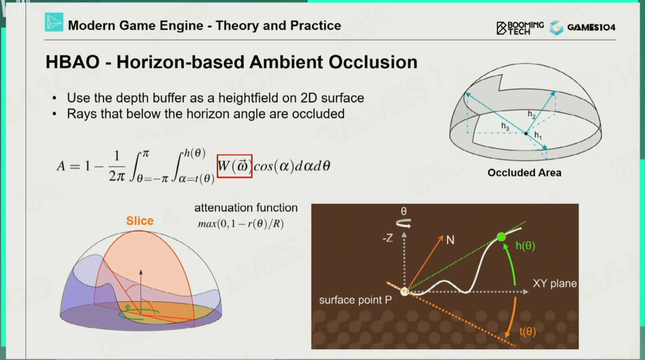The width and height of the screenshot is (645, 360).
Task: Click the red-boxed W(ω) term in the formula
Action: click(x=235, y=166)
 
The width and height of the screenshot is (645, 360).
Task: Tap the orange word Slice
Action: click(x=140, y=221)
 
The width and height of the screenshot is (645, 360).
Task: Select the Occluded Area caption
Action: click(x=524, y=173)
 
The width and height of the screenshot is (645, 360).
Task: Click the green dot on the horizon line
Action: click(x=501, y=237)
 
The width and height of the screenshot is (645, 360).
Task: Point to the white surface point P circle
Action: click(x=405, y=291)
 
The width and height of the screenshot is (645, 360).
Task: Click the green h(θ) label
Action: click(x=525, y=246)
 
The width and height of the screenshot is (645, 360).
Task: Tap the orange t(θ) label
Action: click(x=528, y=332)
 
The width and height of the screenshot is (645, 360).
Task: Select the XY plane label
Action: click(x=555, y=284)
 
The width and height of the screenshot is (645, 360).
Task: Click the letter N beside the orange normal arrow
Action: click(x=450, y=240)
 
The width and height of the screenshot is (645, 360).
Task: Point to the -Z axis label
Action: click(x=388, y=238)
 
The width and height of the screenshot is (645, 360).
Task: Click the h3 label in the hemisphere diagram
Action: click(x=505, y=126)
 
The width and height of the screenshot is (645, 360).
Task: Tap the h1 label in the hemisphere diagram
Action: click(x=538, y=135)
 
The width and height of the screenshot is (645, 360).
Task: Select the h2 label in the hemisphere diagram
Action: click(x=532, y=115)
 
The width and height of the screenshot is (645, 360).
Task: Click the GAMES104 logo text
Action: click(x=591, y=27)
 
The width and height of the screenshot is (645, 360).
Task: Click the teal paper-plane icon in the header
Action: click(x=54, y=22)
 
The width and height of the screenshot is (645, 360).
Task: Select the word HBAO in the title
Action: click(x=73, y=62)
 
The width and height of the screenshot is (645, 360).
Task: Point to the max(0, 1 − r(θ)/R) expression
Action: click(x=241, y=224)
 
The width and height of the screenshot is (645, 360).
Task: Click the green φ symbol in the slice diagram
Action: click(x=127, y=307)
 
